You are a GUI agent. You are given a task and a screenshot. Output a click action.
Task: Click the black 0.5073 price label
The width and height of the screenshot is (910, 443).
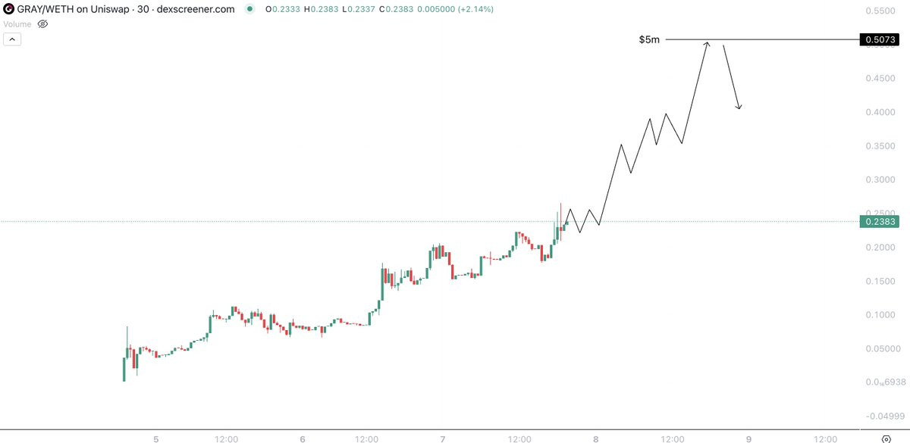(879, 39)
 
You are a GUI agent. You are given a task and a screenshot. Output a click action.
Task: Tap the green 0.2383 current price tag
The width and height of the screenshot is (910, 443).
(879, 221)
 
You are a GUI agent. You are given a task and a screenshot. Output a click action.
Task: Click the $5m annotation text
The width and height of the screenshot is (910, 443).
(649, 39)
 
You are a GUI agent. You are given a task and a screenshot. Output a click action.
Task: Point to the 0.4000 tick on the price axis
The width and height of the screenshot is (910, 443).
(880, 112)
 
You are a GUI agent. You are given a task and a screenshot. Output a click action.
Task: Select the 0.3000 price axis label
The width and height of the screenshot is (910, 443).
(880, 179)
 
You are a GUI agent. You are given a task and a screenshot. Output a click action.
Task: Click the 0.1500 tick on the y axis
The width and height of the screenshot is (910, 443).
(880, 281)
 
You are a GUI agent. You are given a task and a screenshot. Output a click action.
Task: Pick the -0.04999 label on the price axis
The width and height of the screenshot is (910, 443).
(885, 416)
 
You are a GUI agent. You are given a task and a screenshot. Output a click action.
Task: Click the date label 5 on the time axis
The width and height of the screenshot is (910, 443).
(156, 438)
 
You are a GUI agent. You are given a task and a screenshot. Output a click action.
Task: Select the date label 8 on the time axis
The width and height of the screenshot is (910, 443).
(595, 438)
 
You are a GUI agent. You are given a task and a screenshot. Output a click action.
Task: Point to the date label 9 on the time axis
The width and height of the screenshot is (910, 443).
(748, 438)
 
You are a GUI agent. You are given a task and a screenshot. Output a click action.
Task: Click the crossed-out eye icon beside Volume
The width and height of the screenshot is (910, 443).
(42, 24)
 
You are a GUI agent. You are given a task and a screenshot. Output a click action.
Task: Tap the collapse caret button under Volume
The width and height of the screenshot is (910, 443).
(12, 39)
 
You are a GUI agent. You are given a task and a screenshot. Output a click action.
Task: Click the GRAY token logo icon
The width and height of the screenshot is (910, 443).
(8, 9)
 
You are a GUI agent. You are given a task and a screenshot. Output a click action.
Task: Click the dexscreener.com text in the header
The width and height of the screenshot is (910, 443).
(196, 9)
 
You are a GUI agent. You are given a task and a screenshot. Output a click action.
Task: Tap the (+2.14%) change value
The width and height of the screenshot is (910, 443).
(475, 9)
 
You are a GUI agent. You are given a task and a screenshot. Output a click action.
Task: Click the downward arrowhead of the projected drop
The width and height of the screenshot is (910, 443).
(739, 108)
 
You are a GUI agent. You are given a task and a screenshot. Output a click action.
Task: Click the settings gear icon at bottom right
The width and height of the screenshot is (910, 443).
(886, 438)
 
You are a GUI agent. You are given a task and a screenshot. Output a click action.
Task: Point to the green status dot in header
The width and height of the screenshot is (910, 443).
(249, 9)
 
